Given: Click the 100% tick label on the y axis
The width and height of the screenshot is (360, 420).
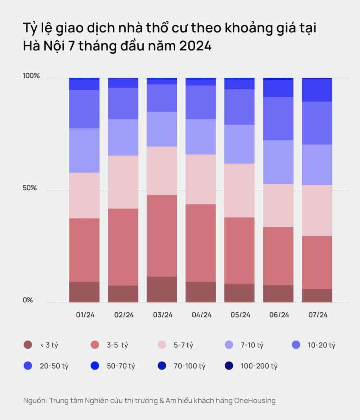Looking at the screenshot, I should (x=32, y=76).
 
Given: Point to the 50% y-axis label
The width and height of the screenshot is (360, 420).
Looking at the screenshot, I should (x=29, y=188).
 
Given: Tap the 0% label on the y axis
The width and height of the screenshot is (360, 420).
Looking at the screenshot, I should (x=28, y=300).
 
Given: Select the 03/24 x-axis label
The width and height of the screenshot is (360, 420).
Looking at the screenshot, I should (x=163, y=315).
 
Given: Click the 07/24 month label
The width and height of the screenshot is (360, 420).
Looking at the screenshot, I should (x=318, y=315).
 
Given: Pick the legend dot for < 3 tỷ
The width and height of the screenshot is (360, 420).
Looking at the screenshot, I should (x=28, y=345).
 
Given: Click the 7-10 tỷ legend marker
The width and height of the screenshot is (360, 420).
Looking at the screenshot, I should (x=229, y=345).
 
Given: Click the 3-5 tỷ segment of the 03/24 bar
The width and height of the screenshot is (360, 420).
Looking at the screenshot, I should (x=162, y=236).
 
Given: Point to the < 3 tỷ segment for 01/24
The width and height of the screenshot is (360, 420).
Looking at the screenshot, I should (x=84, y=292).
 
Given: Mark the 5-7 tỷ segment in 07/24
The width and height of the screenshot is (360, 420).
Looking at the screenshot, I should (x=317, y=210).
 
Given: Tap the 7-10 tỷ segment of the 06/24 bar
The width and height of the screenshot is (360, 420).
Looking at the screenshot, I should (x=278, y=162).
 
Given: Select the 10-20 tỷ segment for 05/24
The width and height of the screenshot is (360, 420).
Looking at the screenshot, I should (x=239, y=107).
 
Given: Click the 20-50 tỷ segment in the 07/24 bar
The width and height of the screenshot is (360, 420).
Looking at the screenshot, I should (x=317, y=90).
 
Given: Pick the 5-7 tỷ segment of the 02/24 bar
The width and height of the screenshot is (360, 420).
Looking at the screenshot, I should (x=123, y=182).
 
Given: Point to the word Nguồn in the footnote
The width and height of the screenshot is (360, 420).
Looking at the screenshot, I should (x=35, y=400).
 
